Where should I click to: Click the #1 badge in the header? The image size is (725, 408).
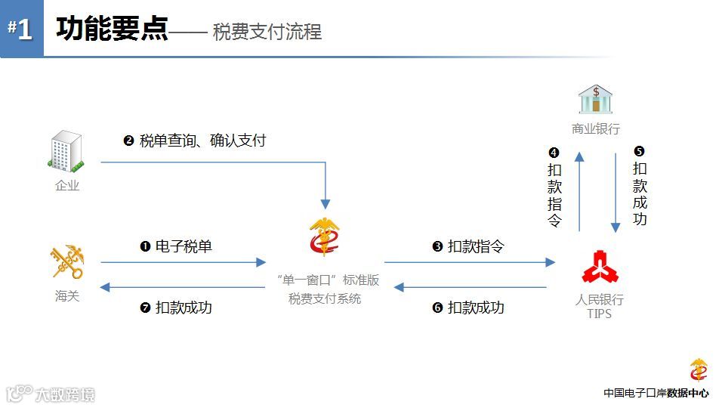[x=21, y=29]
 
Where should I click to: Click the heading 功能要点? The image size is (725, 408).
[x=111, y=29]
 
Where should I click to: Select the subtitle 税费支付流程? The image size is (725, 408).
[x=267, y=32]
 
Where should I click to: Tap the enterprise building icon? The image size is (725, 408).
[x=66, y=151]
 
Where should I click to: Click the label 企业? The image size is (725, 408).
[x=66, y=185]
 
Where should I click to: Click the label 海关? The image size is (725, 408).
[x=66, y=296]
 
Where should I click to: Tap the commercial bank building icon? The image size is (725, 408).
[x=595, y=99]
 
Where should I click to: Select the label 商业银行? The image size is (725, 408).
[x=595, y=129]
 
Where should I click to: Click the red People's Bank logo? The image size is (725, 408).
[x=600, y=267]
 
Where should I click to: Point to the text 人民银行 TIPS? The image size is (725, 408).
[x=600, y=306]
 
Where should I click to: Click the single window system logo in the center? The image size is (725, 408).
[x=325, y=236]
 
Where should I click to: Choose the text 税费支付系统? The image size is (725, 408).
[x=325, y=298]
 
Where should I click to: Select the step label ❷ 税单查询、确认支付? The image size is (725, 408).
[x=194, y=141]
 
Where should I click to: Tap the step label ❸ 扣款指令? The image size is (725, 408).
[x=468, y=246]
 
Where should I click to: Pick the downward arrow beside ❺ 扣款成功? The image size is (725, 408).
[x=615, y=193]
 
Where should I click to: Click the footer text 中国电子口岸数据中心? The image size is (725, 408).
[x=656, y=393]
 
